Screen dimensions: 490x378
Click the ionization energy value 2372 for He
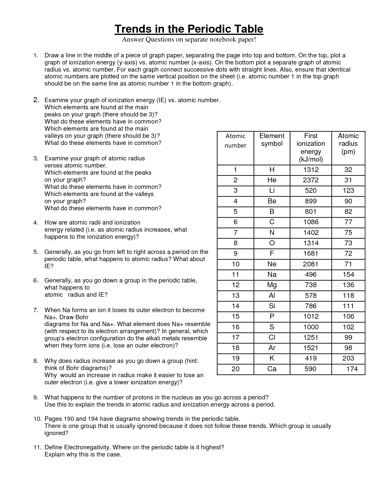pos(310,180)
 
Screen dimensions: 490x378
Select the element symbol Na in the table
pos(272,275)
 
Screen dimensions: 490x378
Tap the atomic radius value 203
pos(348,358)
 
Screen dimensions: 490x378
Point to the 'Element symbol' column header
pos(272,140)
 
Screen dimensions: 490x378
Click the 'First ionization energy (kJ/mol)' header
pos(310,148)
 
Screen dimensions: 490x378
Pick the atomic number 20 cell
pos(235,369)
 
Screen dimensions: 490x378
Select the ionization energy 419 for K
pos(310,358)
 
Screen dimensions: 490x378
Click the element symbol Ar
pos(272,348)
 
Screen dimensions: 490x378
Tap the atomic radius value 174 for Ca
pos(352,369)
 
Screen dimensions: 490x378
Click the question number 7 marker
pos(36,310)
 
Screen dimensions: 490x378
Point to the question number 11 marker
pos(37,448)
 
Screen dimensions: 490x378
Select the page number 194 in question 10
pos(91,419)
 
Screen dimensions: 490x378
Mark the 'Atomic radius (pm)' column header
pos(348,144)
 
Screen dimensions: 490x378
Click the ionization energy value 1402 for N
pos(310,233)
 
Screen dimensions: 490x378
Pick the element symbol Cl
pos(272,338)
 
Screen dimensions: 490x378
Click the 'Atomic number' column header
pos(235,141)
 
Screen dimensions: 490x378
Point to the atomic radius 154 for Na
pos(348,275)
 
